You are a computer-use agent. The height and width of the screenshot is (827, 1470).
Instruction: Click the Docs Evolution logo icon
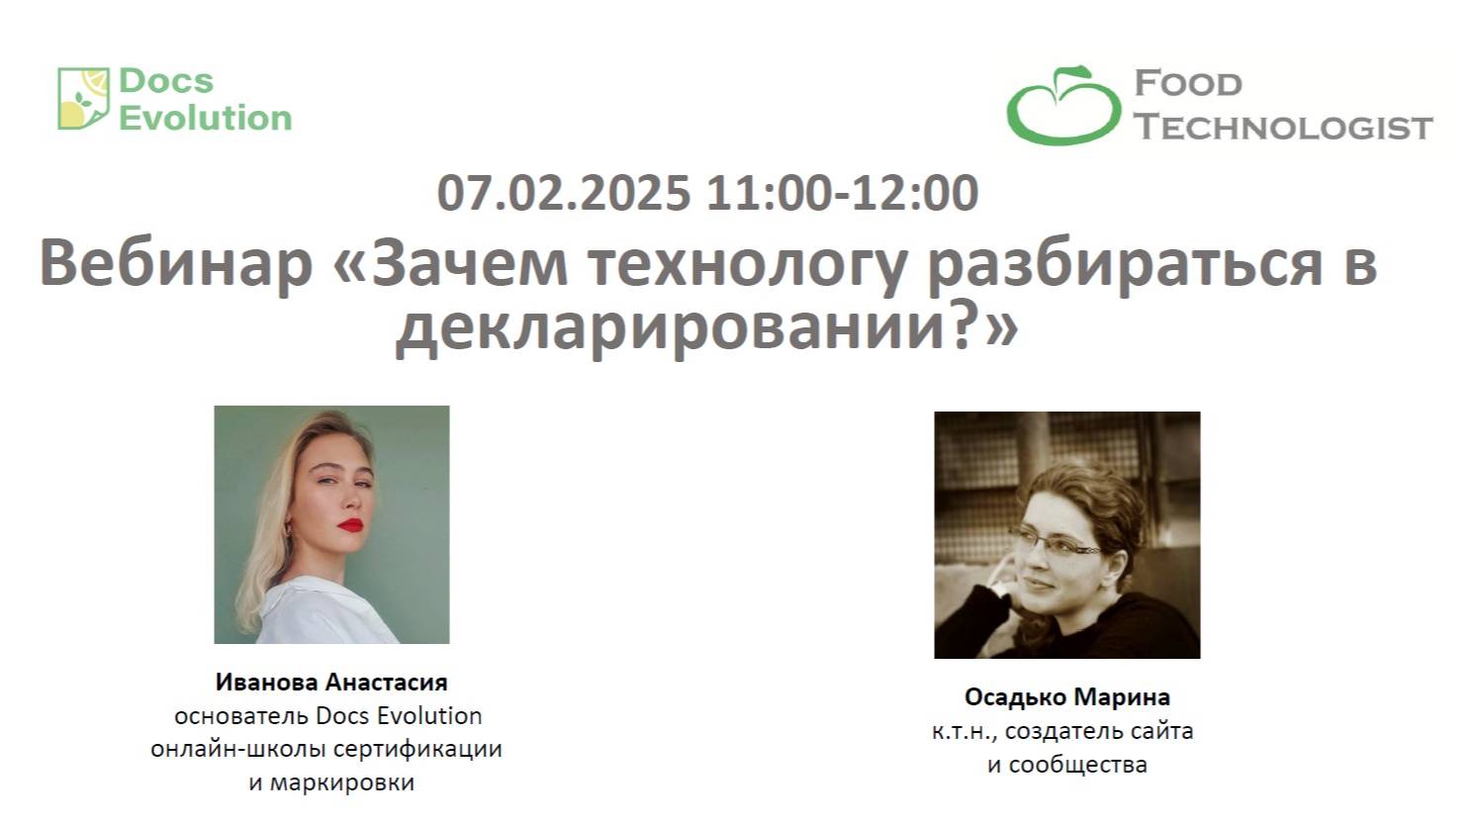83,99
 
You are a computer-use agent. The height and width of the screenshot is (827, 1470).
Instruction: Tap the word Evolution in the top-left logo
206,118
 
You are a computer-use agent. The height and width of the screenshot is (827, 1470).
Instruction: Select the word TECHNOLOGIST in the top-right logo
1283,128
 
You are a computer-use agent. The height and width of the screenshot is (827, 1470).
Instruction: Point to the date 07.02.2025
564,193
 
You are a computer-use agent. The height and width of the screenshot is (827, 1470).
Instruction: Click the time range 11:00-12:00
843,193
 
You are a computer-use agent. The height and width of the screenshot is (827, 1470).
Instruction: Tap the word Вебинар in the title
175,265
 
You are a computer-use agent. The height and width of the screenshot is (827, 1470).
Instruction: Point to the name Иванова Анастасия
331,682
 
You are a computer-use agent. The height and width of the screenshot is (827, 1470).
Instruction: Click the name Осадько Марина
1067,697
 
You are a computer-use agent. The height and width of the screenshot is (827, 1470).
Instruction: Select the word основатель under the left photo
242,715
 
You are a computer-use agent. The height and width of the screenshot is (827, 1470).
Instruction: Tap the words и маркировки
331,783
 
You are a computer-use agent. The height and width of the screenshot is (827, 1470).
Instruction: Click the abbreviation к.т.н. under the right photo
959,732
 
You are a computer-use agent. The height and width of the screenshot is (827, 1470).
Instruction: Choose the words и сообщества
1067,765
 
